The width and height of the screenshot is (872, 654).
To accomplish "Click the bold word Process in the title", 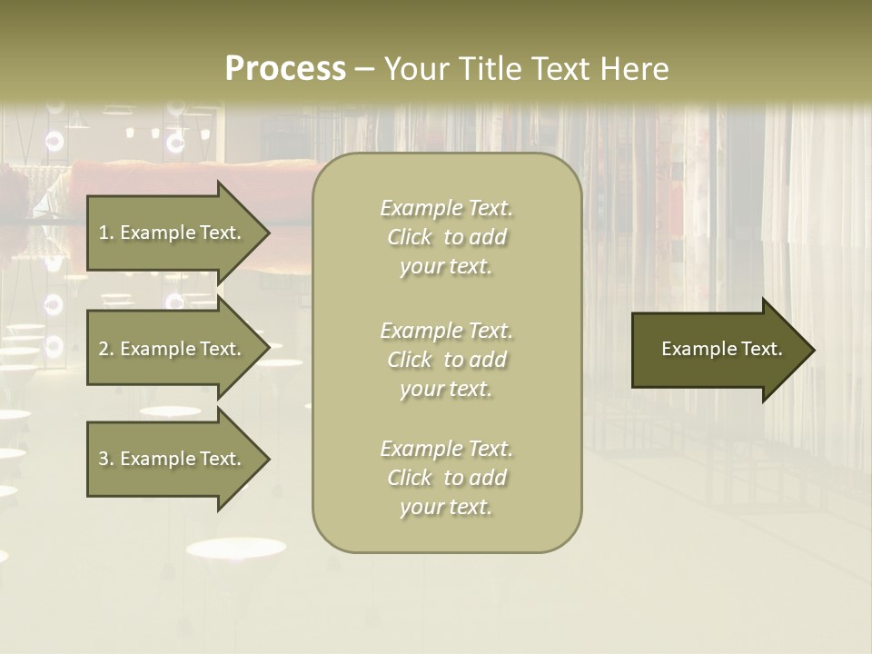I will click(285, 69).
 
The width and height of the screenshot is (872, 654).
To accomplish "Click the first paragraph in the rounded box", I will click(446, 237).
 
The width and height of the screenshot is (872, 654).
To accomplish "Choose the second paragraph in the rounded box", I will click(446, 360).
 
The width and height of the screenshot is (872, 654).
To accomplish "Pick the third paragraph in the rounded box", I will click(446, 478).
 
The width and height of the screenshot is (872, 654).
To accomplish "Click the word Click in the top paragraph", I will click(410, 237).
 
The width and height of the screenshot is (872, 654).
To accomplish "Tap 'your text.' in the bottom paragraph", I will click(446, 507).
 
